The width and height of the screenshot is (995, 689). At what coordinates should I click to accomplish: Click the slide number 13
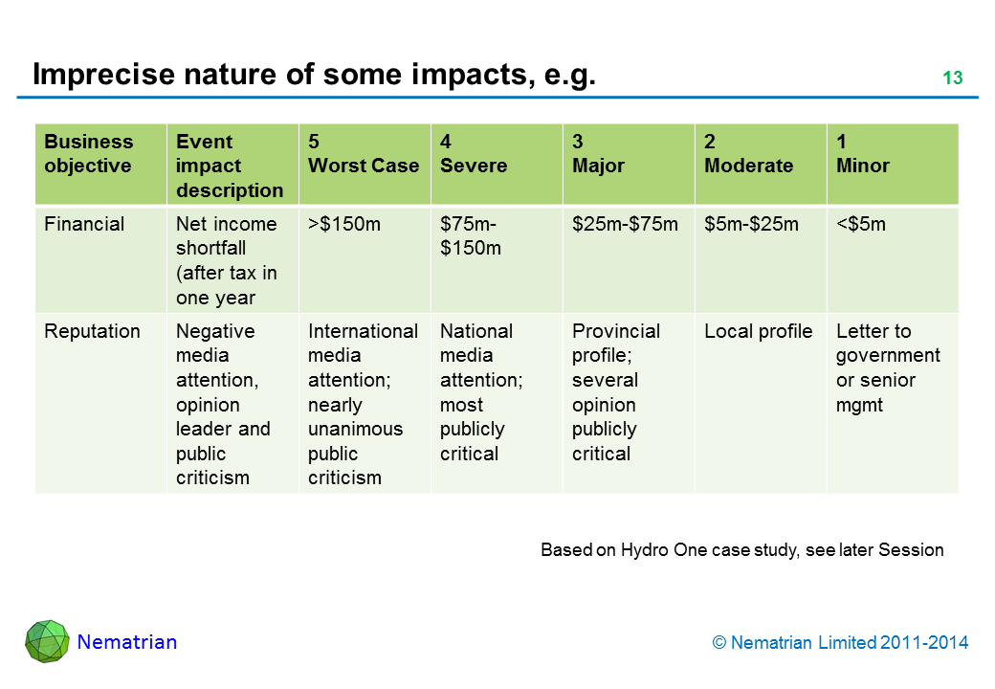952,78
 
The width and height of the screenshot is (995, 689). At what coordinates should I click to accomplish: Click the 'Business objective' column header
89,154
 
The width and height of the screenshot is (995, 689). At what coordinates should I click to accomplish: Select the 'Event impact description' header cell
230,166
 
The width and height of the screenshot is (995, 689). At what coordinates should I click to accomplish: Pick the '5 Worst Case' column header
364,154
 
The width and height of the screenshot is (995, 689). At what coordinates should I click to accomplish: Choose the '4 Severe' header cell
474,154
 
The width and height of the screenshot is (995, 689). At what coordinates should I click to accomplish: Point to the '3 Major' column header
598,154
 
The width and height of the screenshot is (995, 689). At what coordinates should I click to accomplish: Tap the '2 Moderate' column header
748,154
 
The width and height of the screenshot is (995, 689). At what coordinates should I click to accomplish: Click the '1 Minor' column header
862,154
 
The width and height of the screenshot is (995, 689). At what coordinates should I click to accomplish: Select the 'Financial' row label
84,224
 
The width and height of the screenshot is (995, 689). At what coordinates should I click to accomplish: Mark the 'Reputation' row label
92,331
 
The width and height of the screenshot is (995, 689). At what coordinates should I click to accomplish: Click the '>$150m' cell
343,224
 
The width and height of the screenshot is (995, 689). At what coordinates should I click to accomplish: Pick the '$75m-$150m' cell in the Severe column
471,236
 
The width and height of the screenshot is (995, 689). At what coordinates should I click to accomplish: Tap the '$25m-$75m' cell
625,224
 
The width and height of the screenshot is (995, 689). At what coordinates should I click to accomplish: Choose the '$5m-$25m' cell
751,224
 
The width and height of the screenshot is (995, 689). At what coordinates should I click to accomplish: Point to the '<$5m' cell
861,224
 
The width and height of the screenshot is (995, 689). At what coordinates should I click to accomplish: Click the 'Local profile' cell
758,331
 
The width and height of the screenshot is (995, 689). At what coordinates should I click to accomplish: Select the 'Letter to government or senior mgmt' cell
888,367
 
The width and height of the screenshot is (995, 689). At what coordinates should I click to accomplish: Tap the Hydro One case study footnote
741,550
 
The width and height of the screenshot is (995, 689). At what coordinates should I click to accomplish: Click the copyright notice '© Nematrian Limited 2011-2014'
840,643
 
